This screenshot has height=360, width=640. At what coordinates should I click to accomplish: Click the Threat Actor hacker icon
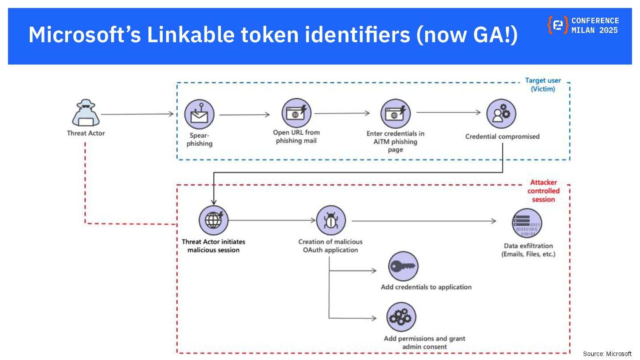coord(86,112)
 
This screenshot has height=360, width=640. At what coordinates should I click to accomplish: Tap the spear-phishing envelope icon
coord(199,114)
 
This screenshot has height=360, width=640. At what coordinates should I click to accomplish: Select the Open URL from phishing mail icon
coord(296,113)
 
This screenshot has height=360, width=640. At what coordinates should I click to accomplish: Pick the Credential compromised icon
coord(501,113)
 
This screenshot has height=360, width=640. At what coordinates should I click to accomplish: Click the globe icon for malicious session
coord(213,220)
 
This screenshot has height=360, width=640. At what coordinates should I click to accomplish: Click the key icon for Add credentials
coord(403,266)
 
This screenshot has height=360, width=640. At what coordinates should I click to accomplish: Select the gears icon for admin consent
coord(401,317)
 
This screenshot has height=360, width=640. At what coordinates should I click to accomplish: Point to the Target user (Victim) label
coord(543,84)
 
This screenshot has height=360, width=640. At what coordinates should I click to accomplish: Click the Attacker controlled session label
coord(543,191)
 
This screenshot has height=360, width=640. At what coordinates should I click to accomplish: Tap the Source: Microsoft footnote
coord(607,354)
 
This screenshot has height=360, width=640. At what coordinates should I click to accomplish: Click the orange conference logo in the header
coord(557,25)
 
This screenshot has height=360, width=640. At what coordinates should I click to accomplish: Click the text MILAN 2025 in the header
coord(594,30)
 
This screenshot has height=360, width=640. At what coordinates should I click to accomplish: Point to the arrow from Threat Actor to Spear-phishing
coord(137,114)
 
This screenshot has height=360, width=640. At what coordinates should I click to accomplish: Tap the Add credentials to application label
coord(426,287)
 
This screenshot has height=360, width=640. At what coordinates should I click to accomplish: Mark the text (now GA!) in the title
coord(466,35)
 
